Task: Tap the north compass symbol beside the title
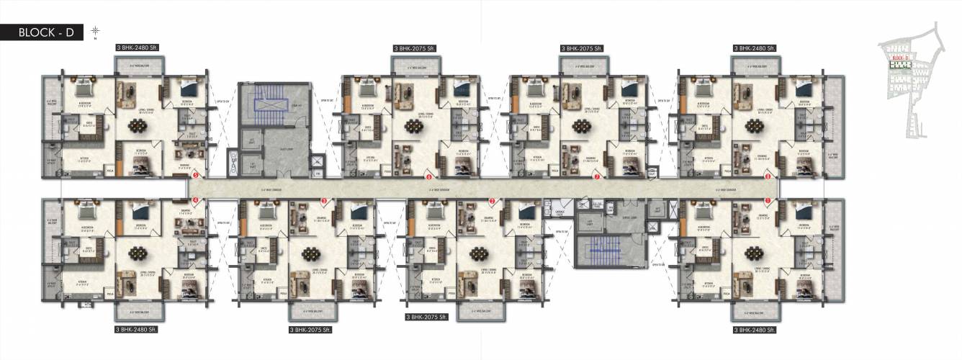pyautogui.click(x=95, y=30)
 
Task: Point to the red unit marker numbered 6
pyautogui.click(x=429, y=175)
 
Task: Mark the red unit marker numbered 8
pyautogui.click(x=768, y=175)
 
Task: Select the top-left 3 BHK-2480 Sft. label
pyautogui.click(x=137, y=48)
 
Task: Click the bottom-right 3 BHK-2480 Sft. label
pyautogui.click(x=754, y=329)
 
